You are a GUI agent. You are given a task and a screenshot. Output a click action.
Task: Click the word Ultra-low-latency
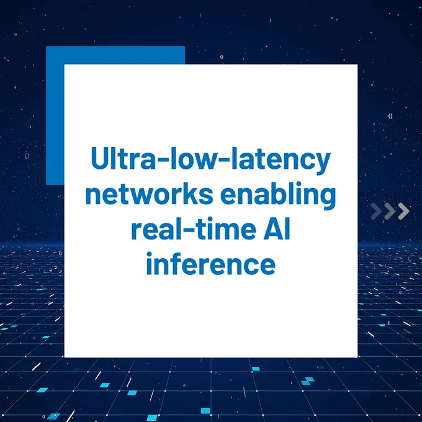210,159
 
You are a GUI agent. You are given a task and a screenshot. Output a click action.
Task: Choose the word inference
211,263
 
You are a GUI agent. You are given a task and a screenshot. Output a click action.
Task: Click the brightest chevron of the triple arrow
403,211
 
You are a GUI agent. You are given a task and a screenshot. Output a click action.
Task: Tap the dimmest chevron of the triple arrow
376,211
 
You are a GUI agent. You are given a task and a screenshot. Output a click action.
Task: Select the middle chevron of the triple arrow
390,211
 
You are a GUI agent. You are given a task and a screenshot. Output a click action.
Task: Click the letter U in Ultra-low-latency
100,158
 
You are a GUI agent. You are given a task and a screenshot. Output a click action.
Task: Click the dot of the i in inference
149,255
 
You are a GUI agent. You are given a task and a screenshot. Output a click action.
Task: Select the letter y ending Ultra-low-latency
322,164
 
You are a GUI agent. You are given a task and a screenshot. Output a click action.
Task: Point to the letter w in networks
136,196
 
